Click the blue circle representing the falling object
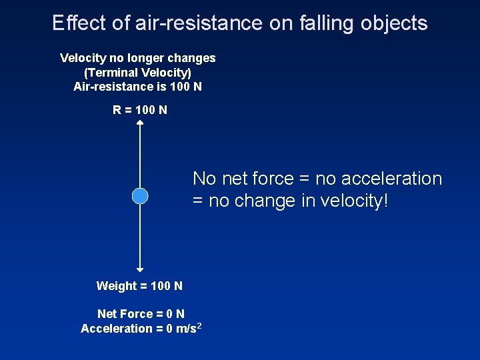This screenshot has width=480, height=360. pyautogui.click(x=139, y=196)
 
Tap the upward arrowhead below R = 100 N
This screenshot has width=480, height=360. pyautogui.click(x=139, y=123)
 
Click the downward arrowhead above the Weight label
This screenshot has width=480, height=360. pyautogui.click(x=139, y=269)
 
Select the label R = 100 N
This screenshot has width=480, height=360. pyautogui.click(x=140, y=110)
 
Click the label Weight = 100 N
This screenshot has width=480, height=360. pyautogui.click(x=139, y=286)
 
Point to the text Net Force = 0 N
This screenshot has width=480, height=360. pyautogui.click(x=141, y=313)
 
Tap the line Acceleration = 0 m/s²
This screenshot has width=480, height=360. pyautogui.click(x=141, y=328)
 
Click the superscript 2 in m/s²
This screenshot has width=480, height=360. pyautogui.click(x=199, y=325)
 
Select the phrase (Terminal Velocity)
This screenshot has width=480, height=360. pyautogui.click(x=137, y=72)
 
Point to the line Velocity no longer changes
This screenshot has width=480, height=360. pyautogui.click(x=137, y=58)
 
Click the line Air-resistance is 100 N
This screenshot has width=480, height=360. pyautogui.click(x=137, y=87)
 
